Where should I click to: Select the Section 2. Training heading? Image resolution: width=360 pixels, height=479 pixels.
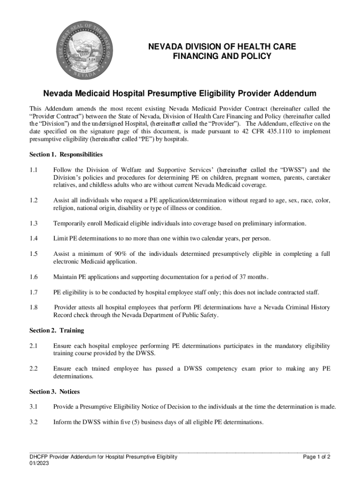coord(57,330)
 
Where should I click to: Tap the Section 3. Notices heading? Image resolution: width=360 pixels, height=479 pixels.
coord(55,391)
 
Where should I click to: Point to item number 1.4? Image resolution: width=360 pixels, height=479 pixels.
coord(33,239)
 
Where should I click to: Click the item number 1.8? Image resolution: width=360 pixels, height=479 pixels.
coord(33,307)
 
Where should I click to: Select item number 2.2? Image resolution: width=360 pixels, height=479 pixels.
coord(33,369)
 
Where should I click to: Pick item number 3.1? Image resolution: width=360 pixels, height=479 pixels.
coord(33,406)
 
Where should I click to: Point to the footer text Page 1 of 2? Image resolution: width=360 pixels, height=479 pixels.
coord(317,457)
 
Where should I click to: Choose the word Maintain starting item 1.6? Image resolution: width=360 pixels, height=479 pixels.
coord(66,277)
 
